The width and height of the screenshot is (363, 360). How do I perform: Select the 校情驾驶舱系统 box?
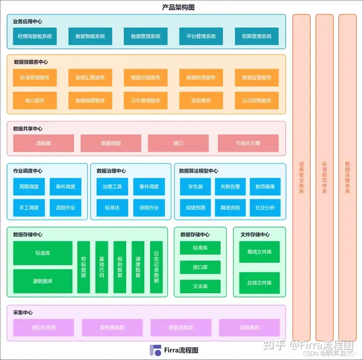point(35,36)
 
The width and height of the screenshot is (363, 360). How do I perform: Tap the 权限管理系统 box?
point(257,36)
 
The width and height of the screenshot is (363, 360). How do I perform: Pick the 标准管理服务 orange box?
point(35,78)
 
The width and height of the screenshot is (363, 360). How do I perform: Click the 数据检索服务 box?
point(201,78)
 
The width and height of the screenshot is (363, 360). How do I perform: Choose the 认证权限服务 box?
point(257,100)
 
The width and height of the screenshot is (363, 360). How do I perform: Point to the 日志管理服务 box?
point(146,100)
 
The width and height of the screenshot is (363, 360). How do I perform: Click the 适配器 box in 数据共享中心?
point(43,143)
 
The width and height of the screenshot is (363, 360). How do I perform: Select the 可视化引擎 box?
point(248,143)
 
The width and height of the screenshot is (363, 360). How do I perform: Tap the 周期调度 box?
point(29,187)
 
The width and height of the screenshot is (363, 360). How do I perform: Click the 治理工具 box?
point(112,187)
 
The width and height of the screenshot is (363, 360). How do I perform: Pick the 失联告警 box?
point(230,187)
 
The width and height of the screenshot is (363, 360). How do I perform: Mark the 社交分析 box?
point(265,207)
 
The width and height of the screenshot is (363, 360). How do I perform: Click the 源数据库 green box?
point(43,281)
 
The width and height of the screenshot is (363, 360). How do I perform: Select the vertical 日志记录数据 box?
point(156,267)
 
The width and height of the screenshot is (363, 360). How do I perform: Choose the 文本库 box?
point(200,286)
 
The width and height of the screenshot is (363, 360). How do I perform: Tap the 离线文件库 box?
point(260,252)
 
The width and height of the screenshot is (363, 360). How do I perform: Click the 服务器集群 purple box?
point(112,327)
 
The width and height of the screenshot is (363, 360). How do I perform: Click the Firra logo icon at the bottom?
point(154,350)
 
